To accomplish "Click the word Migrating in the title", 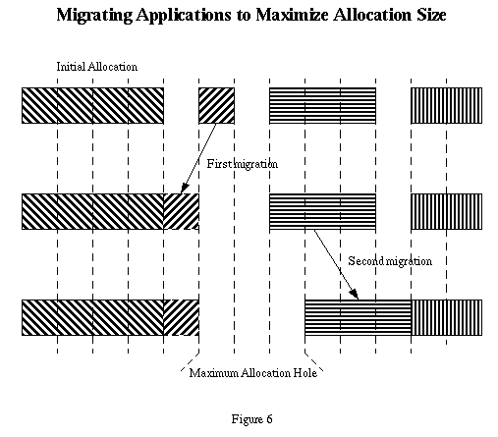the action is [94, 16].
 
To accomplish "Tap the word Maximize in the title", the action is [292, 15].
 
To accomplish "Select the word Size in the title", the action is [431, 15].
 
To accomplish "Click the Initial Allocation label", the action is [97, 67].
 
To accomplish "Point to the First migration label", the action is [243, 164].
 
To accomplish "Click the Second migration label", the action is [390, 261].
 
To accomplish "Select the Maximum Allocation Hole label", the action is [253, 373].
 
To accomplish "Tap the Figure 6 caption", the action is [251, 419].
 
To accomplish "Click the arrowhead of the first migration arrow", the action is [184, 189].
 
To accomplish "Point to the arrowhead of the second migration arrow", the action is [354, 294].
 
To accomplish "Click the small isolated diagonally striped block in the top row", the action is [216, 105].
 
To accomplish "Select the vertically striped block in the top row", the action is [446, 105].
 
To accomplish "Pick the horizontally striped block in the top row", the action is [322, 105].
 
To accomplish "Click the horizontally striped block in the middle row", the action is [322, 211].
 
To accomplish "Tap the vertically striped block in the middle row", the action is [446, 211].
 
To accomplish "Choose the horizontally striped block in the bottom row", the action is [358, 317].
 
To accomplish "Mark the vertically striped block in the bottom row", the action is [447, 317].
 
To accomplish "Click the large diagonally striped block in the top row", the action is [92, 105].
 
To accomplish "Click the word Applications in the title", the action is [184, 16].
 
